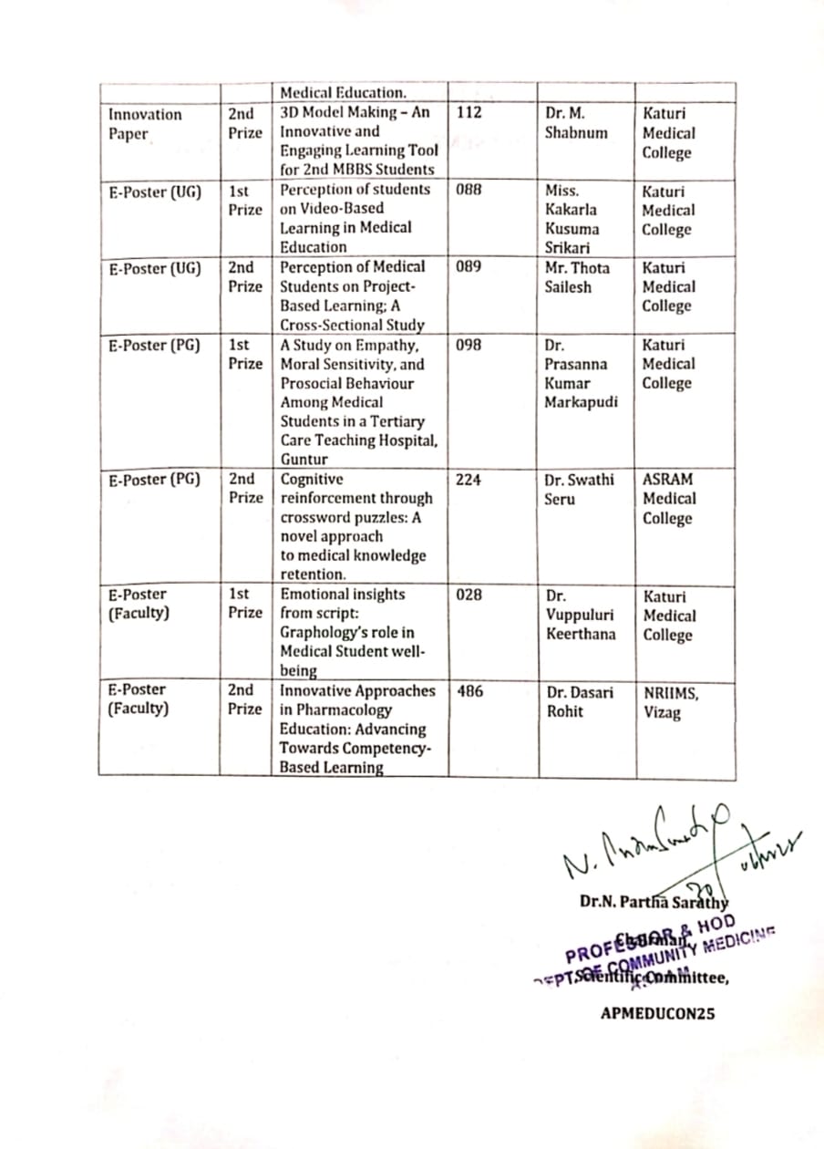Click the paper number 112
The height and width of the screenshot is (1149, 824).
[469, 114]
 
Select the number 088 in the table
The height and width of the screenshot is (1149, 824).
[469, 190]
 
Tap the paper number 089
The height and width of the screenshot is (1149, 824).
[469, 267]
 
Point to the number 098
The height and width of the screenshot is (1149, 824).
[469, 345]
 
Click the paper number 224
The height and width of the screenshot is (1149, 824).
[469, 479]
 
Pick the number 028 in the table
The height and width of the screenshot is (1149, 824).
[469, 595]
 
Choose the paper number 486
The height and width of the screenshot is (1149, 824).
[469, 691]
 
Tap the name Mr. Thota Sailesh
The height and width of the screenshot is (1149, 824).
[577, 277]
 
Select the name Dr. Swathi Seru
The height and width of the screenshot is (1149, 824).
[580, 489]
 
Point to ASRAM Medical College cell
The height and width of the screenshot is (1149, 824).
[668, 499]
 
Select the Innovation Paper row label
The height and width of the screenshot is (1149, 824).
[145, 124]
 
